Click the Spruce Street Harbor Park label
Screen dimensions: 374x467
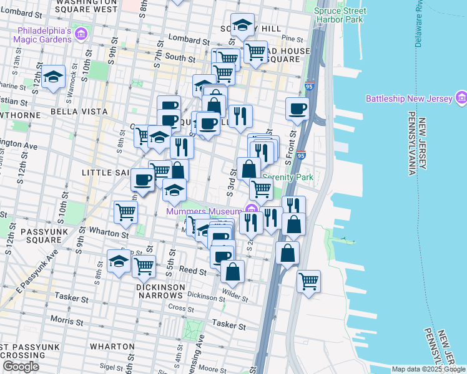point(340,16)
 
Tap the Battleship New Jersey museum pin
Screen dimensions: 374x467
point(461,97)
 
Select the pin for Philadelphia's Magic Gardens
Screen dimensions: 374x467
point(81,33)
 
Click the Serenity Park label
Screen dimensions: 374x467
point(288,177)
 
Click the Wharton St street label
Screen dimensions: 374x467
point(109,235)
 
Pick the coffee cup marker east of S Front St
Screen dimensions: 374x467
point(298,108)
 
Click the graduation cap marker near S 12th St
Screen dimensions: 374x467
point(54,77)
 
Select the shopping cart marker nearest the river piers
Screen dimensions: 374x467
point(308,281)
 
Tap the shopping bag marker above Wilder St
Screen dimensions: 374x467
point(232,271)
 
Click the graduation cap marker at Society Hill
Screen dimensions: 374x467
point(242,25)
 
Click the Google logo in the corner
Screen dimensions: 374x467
point(21,367)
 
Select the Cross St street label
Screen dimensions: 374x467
point(177,307)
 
